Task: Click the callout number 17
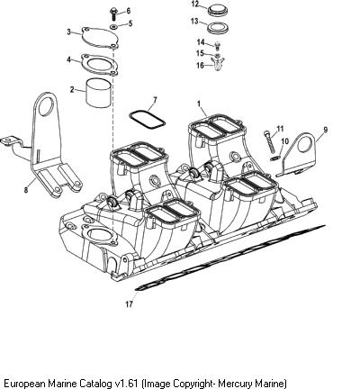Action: [x=129, y=304]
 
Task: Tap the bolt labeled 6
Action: [x=113, y=14]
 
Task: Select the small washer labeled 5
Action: [x=114, y=27]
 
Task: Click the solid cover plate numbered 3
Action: [x=99, y=38]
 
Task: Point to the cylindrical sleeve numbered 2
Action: [x=99, y=93]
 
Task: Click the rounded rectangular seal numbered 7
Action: [x=147, y=121]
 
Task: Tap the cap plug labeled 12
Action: [x=219, y=11]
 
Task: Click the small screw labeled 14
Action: [x=218, y=45]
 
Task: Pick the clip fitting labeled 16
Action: [x=218, y=64]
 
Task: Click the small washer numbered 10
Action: [x=274, y=158]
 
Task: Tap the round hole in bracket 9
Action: [x=304, y=145]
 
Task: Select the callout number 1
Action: [x=198, y=104]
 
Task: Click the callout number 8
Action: [x=26, y=190]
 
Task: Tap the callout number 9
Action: [x=326, y=130]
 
